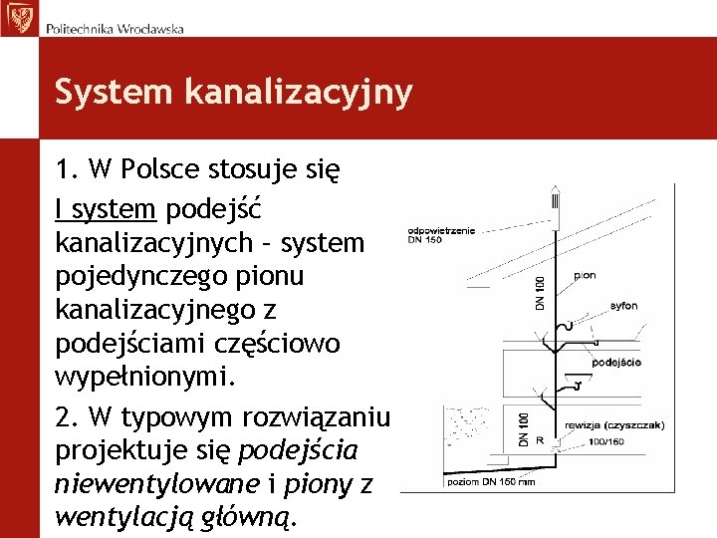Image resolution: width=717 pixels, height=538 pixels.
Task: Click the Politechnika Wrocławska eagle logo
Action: (x=19, y=18)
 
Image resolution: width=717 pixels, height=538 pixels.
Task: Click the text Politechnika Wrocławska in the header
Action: (x=115, y=29)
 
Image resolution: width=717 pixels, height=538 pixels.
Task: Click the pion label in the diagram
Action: (x=586, y=275)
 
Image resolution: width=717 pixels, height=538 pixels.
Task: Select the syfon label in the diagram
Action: (x=624, y=305)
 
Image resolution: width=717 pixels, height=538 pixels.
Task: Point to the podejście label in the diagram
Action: (x=616, y=363)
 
